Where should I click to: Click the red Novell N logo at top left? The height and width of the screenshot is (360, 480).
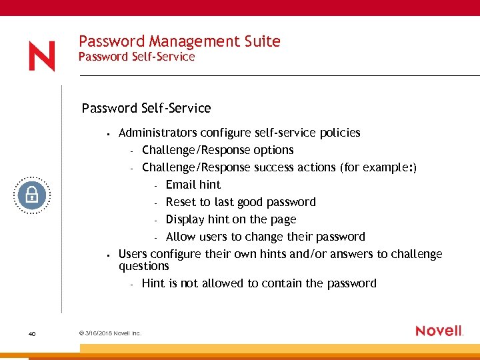coord(41,57)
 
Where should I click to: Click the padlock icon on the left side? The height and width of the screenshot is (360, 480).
coord(32,195)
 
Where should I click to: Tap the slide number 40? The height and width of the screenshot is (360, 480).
coord(31,333)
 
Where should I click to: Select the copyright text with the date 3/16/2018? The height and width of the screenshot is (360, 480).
coord(110,333)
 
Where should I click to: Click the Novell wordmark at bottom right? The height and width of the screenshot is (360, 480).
coord(439,331)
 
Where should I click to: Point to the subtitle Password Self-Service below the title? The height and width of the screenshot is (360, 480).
coord(137,57)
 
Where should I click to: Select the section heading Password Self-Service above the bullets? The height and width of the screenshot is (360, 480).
coord(146,108)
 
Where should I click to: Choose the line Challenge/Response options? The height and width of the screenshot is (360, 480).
coord(217,150)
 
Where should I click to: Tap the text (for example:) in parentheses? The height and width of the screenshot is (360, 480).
coord(378,167)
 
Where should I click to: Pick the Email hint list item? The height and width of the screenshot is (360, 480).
coord(193,185)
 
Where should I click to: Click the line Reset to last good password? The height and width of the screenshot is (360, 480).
coord(240,202)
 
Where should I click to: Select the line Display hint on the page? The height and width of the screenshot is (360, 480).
coord(231,219)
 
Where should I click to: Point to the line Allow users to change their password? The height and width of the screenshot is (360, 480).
coord(265,237)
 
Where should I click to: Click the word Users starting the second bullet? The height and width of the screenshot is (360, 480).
coord(133,254)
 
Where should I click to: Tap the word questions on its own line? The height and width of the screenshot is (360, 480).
coord(143,266)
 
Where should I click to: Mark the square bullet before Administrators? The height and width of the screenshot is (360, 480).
coord(107,133)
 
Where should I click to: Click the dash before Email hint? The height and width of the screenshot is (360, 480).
coord(155,185)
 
